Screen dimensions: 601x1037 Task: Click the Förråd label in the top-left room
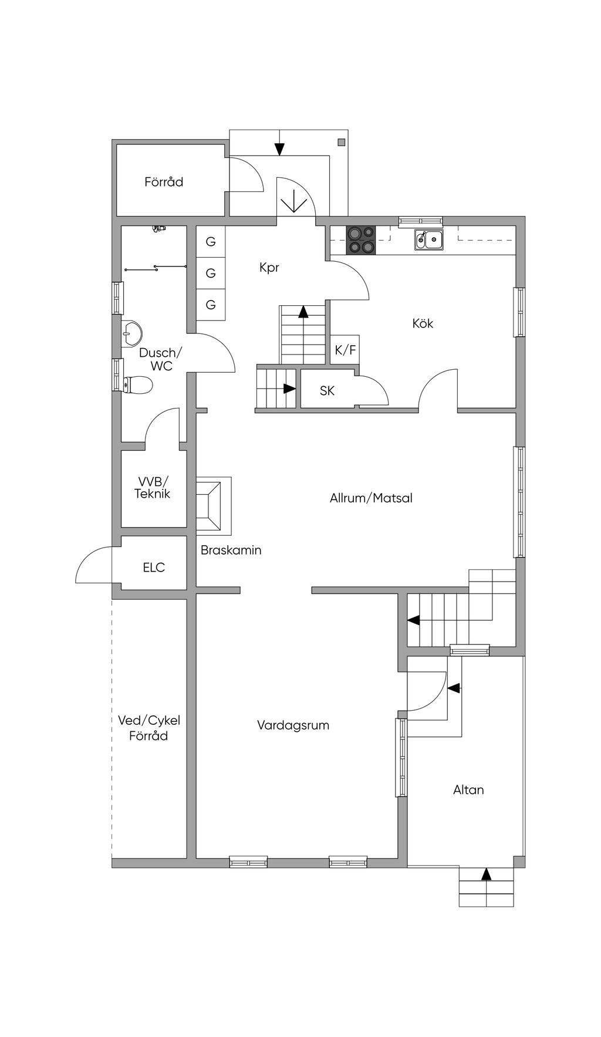164,182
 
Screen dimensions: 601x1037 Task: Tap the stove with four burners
360,240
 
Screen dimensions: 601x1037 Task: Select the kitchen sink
429,239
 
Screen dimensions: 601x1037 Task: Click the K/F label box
345,350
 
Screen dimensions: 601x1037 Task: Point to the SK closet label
327,390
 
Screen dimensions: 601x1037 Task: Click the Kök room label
423,323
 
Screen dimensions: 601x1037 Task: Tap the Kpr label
269,268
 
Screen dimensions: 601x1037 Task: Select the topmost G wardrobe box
211,242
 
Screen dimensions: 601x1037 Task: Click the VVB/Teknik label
152,488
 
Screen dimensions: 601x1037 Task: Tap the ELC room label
154,568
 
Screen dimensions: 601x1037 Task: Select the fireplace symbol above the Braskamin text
214,505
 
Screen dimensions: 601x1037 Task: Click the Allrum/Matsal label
371,498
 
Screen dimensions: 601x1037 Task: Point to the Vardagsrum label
293,725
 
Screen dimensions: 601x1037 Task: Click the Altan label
468,790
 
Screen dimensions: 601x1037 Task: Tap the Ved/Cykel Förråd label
149,728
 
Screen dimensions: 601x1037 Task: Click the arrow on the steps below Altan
486,874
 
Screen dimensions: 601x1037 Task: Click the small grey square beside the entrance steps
341,141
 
